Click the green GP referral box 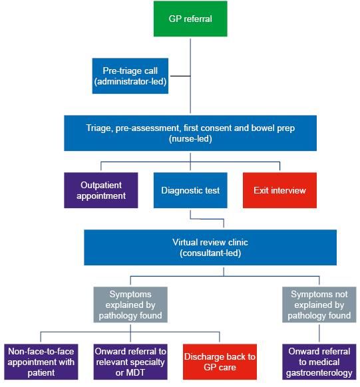pyautogui.click(x=190, y=19)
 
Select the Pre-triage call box pyautogui.click(x=130, y=76)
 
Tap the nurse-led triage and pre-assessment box pyautogui.click(x=190, y=133)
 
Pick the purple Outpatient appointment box pyautogui.click(x=101, y=190)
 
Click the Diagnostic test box pyautogui.click(x=190, y=190)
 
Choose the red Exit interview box pyautogui.click(x=279, y=190)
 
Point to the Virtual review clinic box pyautogui.click(x=210, y=247)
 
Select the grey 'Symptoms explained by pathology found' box pyautogui.click(x=130, y=305)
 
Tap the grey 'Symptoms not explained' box pyautogui.click(x=319, y=305)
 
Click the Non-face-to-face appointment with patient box pyautogui.click(x=41, y=362)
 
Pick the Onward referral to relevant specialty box pyautogui.click(x=130, y=362)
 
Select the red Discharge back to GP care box pyautogui.click(x=220, y=362)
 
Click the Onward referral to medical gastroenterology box pyautogui.click(x=319, y=362)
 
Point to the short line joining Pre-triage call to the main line pyautogui.click(x=180, y=76)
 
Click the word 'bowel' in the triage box pyautogui.click(x=262, y=128)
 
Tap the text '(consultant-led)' pyautogui.click(x=210, y=253)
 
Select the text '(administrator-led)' pyautogui.click(x=130, y=81)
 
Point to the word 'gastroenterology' pyautogui.click(x=319, y=373)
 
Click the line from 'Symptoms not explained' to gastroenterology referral pyautogui.click(x=319, y=333)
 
